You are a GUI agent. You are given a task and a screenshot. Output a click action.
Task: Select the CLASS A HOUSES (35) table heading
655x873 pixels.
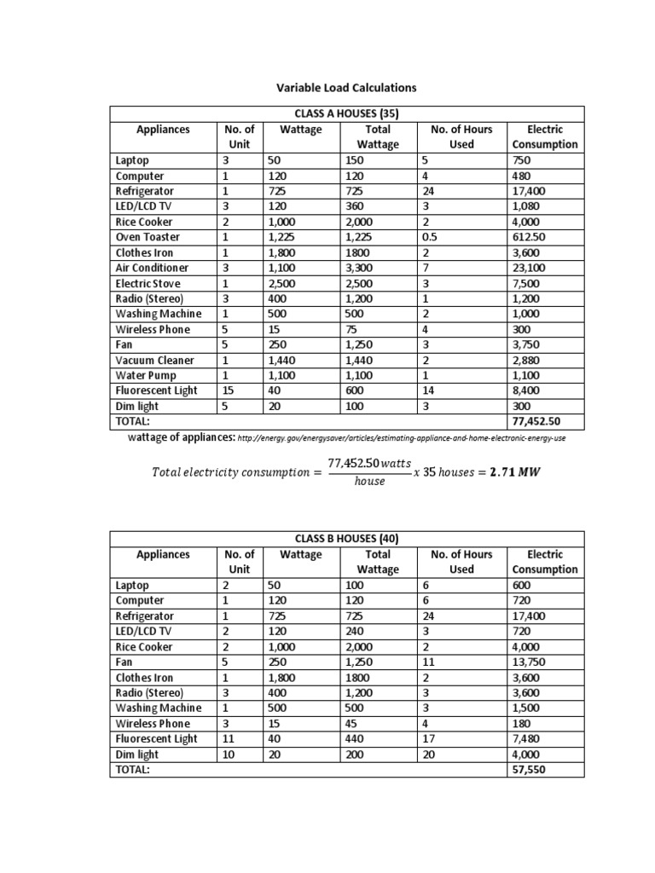pyautogui.click(x=346, y=114)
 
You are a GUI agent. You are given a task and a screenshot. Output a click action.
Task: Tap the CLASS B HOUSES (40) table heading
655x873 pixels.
pyautogui.click(x=346, y=539)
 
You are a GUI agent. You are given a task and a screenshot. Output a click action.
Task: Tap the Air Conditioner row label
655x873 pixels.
pyautogui.click(x=152, y=268)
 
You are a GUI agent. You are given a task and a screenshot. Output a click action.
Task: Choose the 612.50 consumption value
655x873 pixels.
pyautogui.click(x=530, y=238)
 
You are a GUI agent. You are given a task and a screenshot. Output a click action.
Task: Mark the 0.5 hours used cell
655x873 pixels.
pyautogui.click(x=429, y=238)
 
